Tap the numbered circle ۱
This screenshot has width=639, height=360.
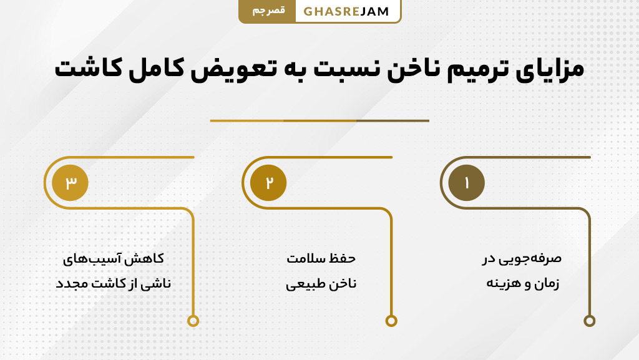click(466, 183)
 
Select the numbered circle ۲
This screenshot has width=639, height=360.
click(268, 183)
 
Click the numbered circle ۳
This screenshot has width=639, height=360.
click(70, 183)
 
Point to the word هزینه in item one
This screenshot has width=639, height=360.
click(504, 283)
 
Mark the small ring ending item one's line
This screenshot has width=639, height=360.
click(589, 321)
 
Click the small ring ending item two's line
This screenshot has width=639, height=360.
click(391, 321)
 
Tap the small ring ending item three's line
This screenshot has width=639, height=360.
click(193, 321)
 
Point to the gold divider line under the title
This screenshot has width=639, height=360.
click(319, 120)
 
